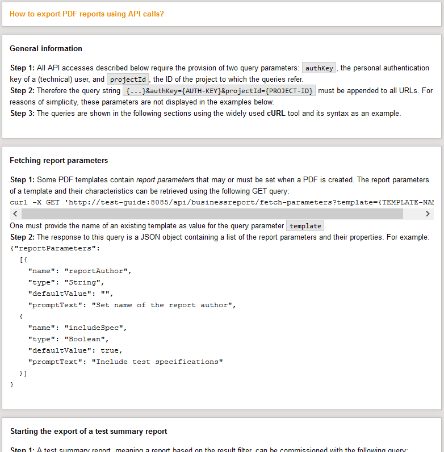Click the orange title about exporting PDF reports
[x=87, y=14]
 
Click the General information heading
[x=46, y=48]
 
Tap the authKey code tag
[x=320, y=68]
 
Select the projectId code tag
[x=128, y=79]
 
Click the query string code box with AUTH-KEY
[x=219, y=91]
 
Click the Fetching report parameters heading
[x=59, y=161]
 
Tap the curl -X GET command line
[x=221, y=202]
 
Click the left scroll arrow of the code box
[x=15, y=214]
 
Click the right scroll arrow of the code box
[x=428, y=214]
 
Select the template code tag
[x=305, y=226]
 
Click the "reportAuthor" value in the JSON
[x=98, y=271]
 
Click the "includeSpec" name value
[x=96, y=328]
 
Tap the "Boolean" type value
[x=86, y=339]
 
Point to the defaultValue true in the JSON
[x=111, y=350]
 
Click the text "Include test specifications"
[x=157, y=362]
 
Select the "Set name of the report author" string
[x=164, y=305]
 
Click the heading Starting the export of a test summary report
[x=89, y=432]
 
